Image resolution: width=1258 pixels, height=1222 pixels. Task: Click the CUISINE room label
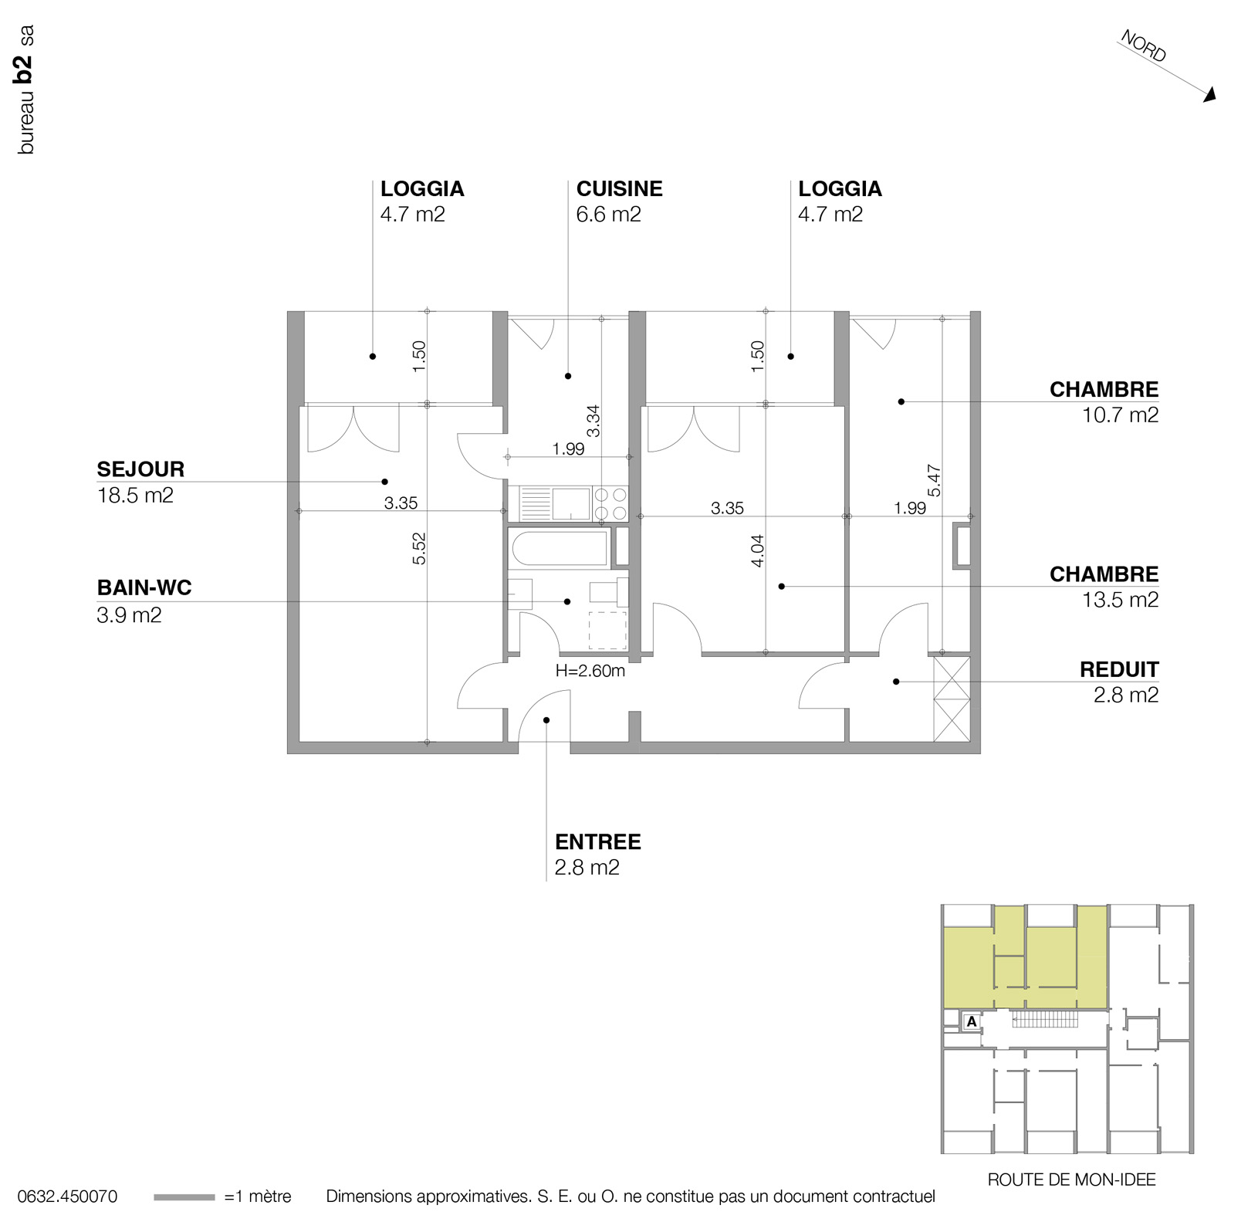[x=619, y=189]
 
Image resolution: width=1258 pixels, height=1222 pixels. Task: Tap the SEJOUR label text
[x=140, y=469]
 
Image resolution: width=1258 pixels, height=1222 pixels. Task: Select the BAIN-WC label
[x=144, y=588]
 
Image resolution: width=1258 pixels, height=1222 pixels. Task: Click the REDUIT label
[x=1118, y=669]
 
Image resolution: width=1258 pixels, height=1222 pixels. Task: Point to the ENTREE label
[x=597, y=841]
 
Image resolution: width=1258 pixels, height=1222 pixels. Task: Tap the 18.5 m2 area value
[x=135, y=496]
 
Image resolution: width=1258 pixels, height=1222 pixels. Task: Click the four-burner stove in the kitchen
[x=610, y=503]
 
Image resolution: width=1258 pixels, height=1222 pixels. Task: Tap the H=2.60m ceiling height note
[x=590, y=671]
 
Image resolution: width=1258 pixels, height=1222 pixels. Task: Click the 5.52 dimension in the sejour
[x=419, y=548]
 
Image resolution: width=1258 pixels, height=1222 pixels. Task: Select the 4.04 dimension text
[x=757, y=551]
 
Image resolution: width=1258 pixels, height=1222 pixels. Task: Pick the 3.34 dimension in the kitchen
[x=593, y=421]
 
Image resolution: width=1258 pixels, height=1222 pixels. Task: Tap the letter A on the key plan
[x=972, y=1021]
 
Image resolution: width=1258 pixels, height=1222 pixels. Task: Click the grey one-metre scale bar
[x=184, y=1197]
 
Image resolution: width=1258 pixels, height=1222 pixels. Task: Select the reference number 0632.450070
[x=67, y=1197]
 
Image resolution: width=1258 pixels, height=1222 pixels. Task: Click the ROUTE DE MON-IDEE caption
[x=1071, y=1180]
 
